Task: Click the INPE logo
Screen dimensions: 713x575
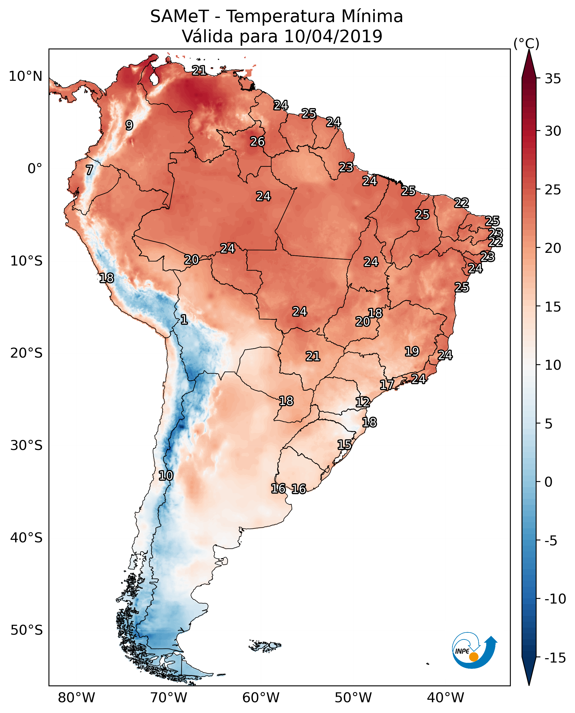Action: pyautogui.click(x=474, y=650)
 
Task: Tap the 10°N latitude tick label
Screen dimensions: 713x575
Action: pyautogui.click(x=26, y=77)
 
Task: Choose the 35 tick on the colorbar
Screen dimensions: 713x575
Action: pyautogui.click(x=553, y=79)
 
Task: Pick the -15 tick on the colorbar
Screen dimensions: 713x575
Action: pyautogui.click(x=555, y=658)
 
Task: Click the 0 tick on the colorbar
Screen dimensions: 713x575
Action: pyautogui.click(x=549, y=482)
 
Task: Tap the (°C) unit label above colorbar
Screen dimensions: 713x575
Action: pyautogui.click(x=526, y=43)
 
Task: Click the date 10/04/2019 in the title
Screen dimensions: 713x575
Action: pyautogui.click(x=333, y=36)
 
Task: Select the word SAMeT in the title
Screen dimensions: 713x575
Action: pyautogui.click(x=179, y=16)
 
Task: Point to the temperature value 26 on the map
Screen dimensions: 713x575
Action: pyautogui.click(x=257, y=142)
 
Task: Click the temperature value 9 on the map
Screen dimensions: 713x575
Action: pyautogui.click(x=129, y=125)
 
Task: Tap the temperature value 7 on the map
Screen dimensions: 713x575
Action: pyautogui.click(x=89, y=170)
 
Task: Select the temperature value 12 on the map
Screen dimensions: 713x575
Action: pyautogui.click(x=363, y=402)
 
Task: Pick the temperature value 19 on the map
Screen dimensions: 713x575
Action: pyautogui.click(x=412, y=351)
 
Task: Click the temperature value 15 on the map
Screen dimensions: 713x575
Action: pyautogui.click(x=345, y=445)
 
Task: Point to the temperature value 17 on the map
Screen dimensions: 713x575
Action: pyautogui.click(x=387, y=385)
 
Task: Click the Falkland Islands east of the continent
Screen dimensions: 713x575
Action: pyautogui.click(x=265, y=646)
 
